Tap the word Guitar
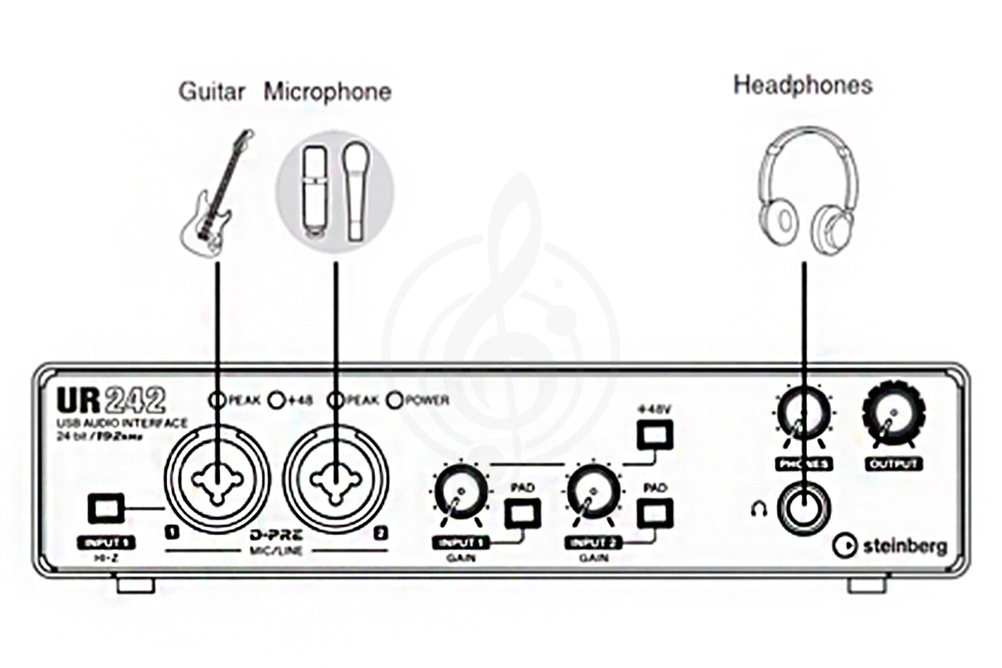pos(211,91)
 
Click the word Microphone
pos(327,92)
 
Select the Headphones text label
pos(803,85)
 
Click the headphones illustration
pos(806,190)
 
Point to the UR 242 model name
pos(110,400)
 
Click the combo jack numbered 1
pos(217,480)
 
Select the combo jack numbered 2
pos(335,480)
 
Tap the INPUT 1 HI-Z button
pos(106,509)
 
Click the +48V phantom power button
pos(655,436)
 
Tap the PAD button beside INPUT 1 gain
pos(522,513)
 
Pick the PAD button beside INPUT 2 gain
pos(655,513)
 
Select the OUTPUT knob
pos(893,414)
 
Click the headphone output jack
pos(804,509)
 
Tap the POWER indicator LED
pos(395,400)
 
